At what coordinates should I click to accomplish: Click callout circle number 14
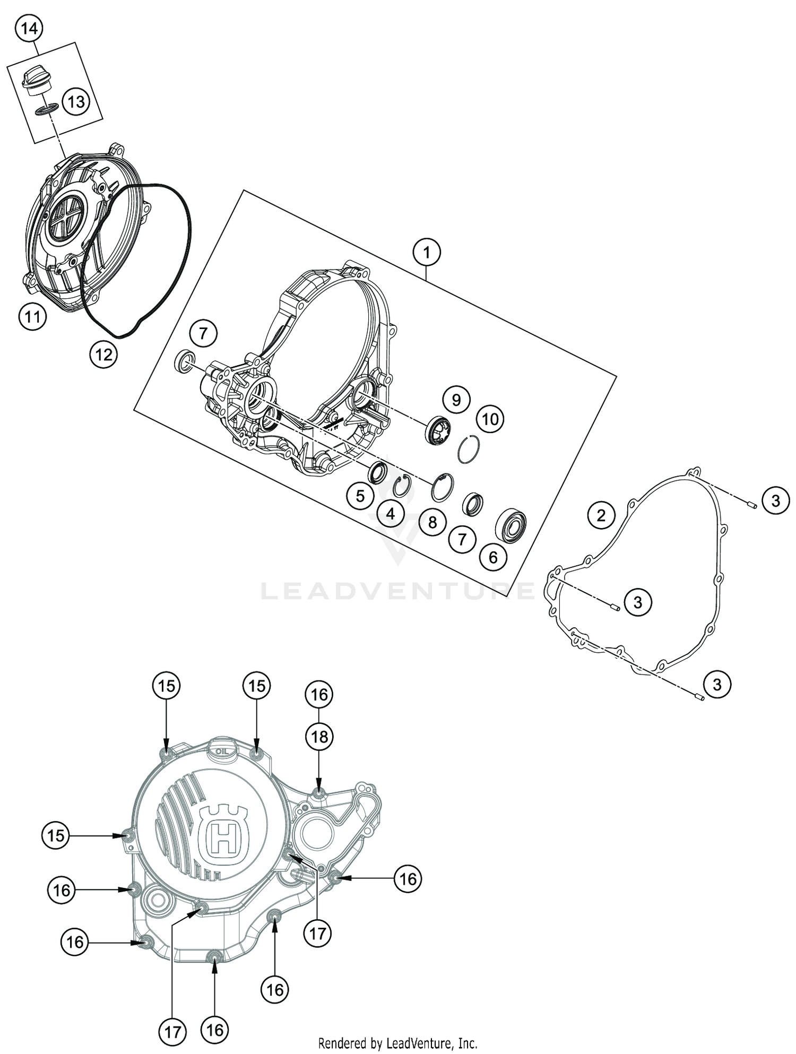(29, 29)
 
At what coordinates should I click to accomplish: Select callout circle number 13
(76, 101)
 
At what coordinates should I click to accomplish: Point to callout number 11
(32, 317)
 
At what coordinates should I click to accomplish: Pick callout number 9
(456, 399)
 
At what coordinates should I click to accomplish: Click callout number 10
(490, 419)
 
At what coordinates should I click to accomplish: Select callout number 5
(360, 496)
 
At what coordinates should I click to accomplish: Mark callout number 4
(391, 513)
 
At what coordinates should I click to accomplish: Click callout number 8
(432, 522)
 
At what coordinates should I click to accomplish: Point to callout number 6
(493, 557)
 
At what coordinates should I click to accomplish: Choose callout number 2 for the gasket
(601, 515)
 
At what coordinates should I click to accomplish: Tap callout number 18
(319, 737)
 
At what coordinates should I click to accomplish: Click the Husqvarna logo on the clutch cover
(223, 835)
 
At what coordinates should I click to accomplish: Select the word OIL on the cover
(221, 751)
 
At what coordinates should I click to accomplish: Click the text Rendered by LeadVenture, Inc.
(397, 1043)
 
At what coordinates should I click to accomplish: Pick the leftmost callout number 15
(56, 836)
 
